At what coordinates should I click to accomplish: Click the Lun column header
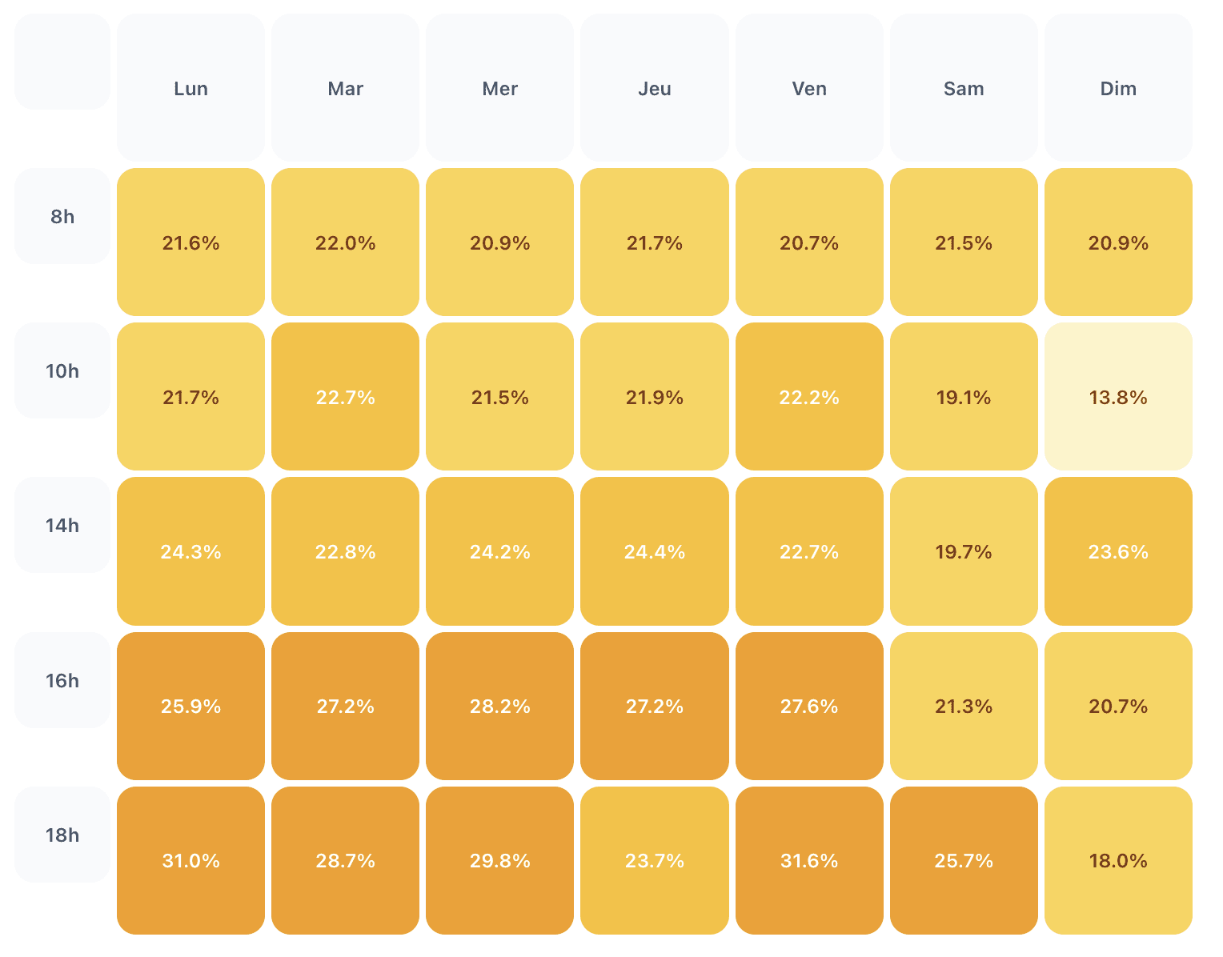click(x=190, y=88)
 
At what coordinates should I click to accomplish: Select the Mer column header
click(x=499, y=88)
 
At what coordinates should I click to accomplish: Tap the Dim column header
click(x=1118, y=88)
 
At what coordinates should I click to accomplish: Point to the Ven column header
click(x=809, y=88)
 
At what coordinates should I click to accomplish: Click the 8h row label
click(x=62, y=216)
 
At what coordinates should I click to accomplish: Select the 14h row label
click(x=62, y=525)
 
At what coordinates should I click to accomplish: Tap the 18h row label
click(x=62, y=835)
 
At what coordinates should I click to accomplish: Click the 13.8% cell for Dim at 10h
click(x=1118, y=397)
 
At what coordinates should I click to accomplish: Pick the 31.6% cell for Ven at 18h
click(x=809, y=860)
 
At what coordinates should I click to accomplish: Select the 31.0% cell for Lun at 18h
click(x=190, y=860)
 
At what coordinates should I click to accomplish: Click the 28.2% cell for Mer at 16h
click(x=499, y=706)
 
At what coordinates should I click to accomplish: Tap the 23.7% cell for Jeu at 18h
click(x=654, y=860)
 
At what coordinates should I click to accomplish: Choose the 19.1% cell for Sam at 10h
click(x=964, y=397)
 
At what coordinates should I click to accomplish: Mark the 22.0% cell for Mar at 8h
click(x=345, y=242)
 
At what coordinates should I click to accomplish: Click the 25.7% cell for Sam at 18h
click(x=964, y=860)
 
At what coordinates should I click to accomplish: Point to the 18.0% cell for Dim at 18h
click(x=1118, y=860)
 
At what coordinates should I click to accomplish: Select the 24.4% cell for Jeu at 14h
click(x=654, y=551)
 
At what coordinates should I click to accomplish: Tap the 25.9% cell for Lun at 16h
click(x=190, y=706)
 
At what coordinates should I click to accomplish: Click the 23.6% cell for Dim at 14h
click(x=1118, y=551)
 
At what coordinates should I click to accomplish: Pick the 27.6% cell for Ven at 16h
click(x=809, y=706)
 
